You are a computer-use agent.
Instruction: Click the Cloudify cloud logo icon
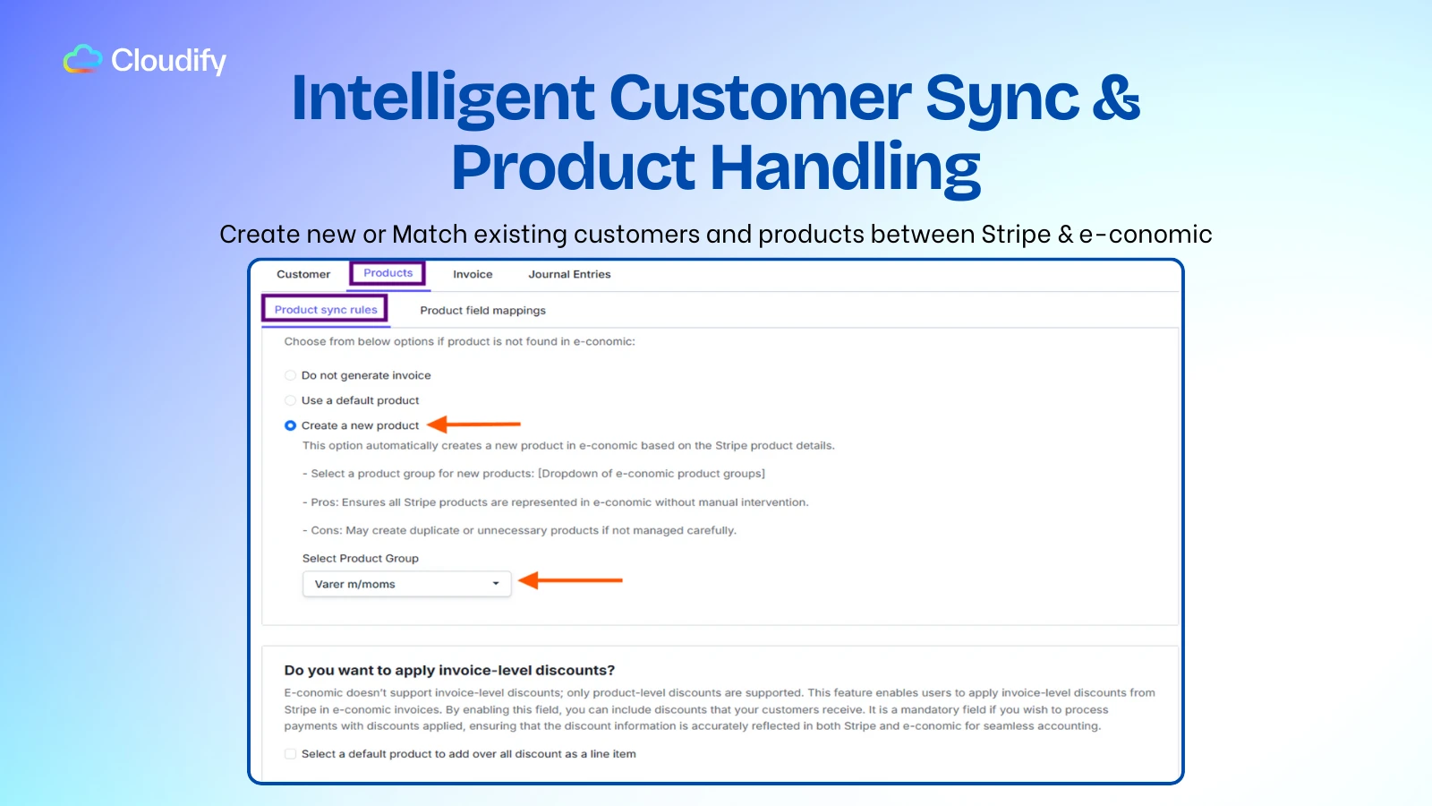pos(82,59)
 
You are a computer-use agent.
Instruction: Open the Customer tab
pos(303,274)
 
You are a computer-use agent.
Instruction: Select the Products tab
pos(388,272)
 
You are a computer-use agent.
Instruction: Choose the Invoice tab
pos(473,274)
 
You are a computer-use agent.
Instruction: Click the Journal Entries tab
pos(569,274)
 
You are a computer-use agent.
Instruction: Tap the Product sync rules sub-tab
pos(326,310)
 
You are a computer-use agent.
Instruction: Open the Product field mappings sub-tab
pos(482,310)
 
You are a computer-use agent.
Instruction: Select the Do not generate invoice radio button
pos(290,375)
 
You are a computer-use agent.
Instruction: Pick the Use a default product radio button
pos(290,400)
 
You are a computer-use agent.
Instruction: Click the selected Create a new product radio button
pos(290,425)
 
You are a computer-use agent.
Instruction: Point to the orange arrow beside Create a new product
pos(473,424)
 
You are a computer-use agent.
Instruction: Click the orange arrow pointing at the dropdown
pos(570,580)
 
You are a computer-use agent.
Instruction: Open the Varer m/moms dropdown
pos(406,584)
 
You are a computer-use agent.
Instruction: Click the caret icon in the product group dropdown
pos(496,583)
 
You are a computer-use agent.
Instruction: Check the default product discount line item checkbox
pos(290,753)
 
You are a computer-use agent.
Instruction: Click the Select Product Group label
pos(360,559)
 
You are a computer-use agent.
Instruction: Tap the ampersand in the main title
pos(1115,98)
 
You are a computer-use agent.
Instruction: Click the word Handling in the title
pos(845,167)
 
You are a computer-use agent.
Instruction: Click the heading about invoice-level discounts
pos(449,671)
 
